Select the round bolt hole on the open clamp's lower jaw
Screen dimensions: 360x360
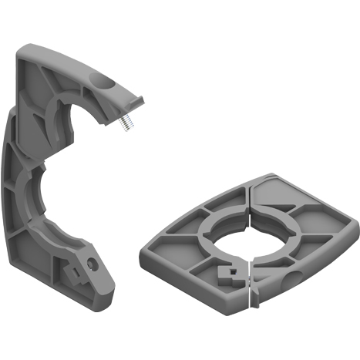tap(93, 264)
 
